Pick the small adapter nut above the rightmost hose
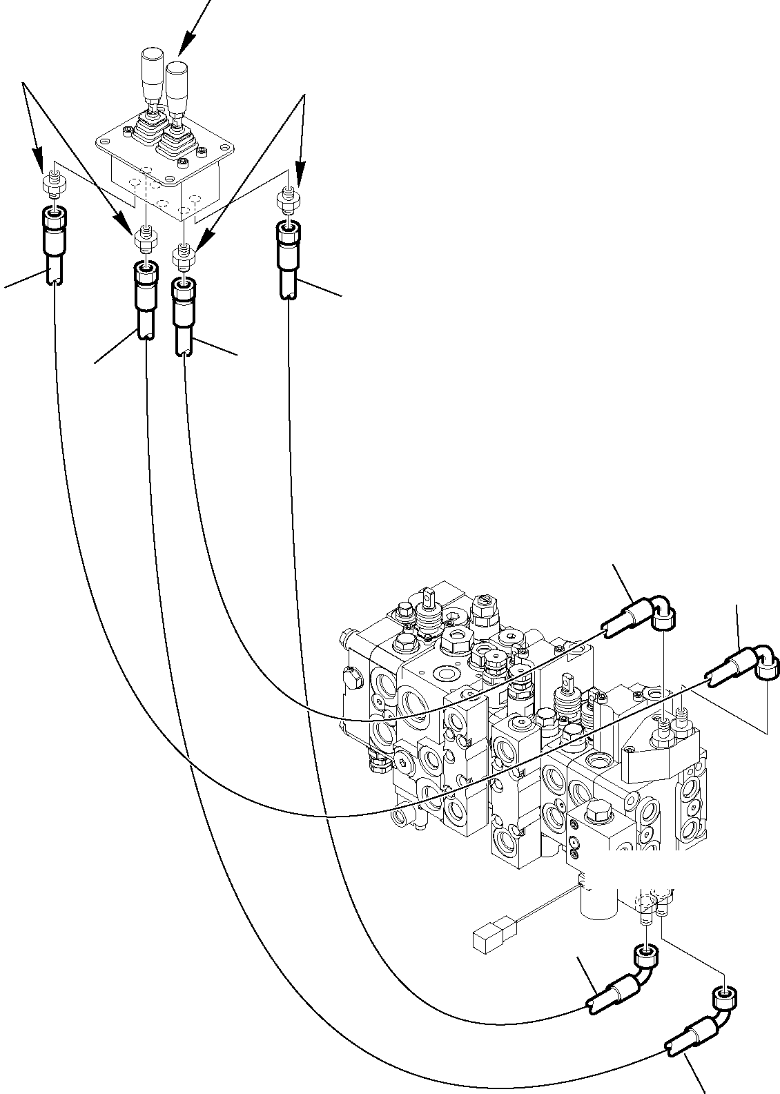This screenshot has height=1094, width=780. [288, 199]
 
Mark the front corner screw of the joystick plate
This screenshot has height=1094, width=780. [183, 163]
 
